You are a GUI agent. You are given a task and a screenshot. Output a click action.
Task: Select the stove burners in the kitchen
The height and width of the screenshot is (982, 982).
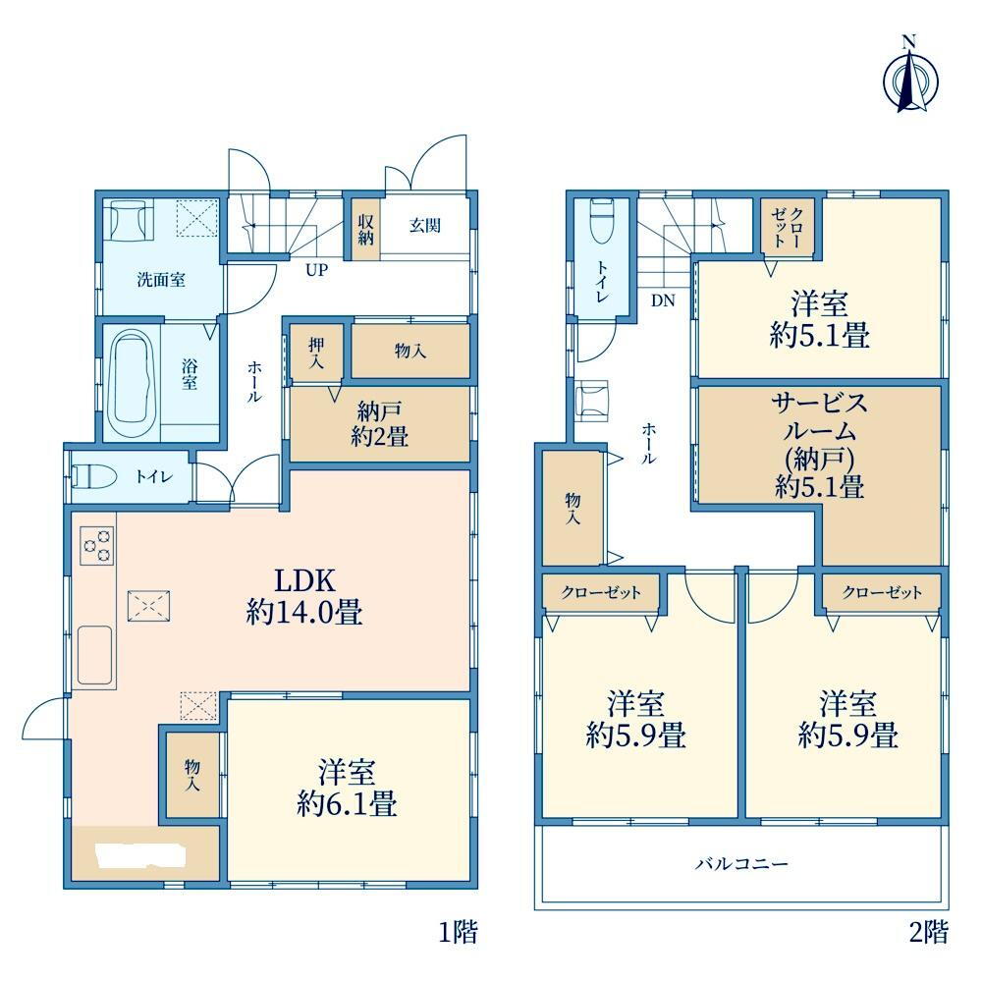pos(97,545)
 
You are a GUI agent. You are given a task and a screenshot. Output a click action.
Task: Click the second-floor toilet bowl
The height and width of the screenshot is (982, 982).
pos(603,221)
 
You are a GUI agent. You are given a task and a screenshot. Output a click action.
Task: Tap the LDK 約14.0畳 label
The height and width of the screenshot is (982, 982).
pos(305,596)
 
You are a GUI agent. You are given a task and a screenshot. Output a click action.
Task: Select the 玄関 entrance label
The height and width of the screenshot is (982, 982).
pos(425,226)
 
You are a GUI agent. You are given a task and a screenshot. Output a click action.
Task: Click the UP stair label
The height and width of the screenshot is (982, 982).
pos(316,270)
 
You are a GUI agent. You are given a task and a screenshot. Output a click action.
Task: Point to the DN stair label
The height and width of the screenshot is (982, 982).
pos(663,300)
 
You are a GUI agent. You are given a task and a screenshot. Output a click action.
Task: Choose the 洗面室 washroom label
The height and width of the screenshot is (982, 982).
pos(162,279)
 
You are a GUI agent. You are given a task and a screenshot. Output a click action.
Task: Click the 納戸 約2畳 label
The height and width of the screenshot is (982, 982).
pos(379,424)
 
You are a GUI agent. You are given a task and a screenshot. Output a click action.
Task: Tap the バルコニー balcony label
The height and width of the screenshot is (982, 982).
pos(741,864)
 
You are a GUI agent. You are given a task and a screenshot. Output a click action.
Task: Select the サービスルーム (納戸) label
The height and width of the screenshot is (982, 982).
pos(820,445)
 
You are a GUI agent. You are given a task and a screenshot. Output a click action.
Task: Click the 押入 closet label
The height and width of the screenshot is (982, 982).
pos(316,354)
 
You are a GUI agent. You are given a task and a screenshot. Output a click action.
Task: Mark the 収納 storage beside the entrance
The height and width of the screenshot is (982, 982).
pos(365,230)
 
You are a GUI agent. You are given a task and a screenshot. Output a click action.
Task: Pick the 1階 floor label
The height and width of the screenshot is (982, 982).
pos(458,933)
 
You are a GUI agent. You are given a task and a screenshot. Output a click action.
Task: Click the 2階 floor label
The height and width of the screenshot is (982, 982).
pos(929,933)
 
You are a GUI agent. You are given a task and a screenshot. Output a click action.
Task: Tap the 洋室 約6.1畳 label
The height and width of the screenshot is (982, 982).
pos(347,788)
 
